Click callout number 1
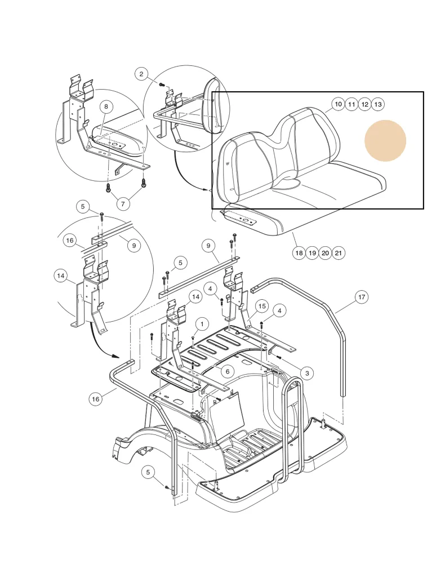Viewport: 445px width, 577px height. pyautogui.click(x=199, y=323)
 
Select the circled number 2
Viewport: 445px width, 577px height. pyautogui.click(x=141, y=74)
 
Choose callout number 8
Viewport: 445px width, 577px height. pyautogui.click(x=105, y=106)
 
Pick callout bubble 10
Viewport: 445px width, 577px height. pyautogui.click(x=337, y=104)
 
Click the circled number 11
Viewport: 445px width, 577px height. pyautogui.click(x=351, y=104)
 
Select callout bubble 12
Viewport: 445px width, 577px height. pyautogui.click(x=364, y=104)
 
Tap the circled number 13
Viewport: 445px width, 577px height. pyautogui.click(x=378, y=104)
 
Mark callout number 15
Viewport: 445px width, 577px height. pyautogui.click(x=262, y=306)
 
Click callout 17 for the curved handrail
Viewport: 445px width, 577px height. pyautogui.click(x=361, y=296)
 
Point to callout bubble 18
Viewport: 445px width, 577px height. pyautogui.click(x=299, y=253)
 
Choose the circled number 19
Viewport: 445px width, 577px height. pyautogui.click(x=312, y=253)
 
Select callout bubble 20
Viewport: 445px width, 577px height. pyautogui.click(x=325, y=253)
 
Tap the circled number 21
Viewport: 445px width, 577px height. pyautogui.click(x=338, y=253)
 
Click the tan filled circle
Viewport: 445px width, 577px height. pyautogui.click(x=385, y=140)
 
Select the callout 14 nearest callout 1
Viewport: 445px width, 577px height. pyautogui.click(x=195, y=296)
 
